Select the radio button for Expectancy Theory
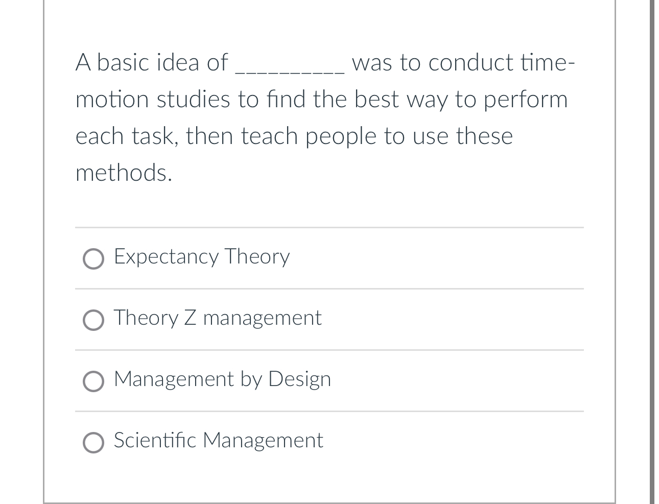(x=93, y=259)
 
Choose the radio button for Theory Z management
(x=93, y=320)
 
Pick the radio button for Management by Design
(x=93, y=381)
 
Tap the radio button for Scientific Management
(x=93, y=443)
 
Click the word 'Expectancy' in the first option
(x=166, y=256)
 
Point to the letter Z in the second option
(x=190, y=318)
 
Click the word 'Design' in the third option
(x=299, y=379)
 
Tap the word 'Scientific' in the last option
(x=154, y=440)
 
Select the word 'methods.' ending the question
(x=124, y=173)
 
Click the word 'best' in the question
(x=376, y=100)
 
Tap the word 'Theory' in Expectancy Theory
(x=257, y=256)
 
